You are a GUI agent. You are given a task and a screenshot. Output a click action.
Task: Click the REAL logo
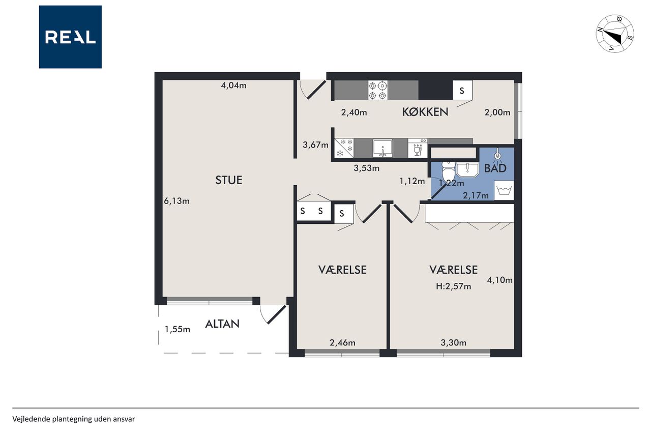pos(70,37)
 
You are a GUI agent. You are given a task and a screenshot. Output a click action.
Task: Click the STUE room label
pos(229,180)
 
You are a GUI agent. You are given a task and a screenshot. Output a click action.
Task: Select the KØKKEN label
pos(425,112)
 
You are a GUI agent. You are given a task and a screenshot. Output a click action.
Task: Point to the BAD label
pos(495,168)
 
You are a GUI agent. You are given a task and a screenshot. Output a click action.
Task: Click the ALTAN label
pos(222,324)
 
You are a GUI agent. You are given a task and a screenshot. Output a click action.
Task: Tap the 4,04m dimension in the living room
pos(233,85)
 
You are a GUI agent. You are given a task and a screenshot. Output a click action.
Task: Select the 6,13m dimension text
pos(176,201)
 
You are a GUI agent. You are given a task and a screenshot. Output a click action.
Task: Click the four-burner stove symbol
pos(378,90)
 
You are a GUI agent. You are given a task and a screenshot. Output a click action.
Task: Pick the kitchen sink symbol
pos(383,148)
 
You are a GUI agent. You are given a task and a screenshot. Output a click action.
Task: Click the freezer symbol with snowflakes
pos(344,148)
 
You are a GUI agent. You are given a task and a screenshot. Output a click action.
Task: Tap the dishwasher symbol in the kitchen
pos(418,148)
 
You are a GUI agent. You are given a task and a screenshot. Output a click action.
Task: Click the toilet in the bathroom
pos(449,171)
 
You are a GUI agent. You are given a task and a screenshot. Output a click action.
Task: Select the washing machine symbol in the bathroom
pos(504,190)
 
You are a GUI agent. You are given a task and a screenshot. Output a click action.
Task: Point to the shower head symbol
pos(498,154)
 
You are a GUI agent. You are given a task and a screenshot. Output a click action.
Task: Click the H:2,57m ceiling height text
pos(453,286)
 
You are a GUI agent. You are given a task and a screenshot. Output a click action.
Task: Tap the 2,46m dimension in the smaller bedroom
pos(342,343)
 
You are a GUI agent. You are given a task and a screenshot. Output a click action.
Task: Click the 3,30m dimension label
pos(454,343)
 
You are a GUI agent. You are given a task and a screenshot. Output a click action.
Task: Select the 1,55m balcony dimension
pos(177,329)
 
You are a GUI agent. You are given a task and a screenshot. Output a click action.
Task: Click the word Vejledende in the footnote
pos(31,419)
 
